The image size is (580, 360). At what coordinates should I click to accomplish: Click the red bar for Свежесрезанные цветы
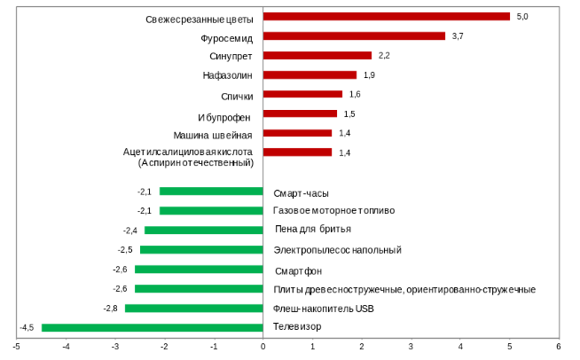point(386,17)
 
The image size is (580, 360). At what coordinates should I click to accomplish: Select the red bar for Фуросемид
point(354,36)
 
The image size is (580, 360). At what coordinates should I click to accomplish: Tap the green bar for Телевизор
point(152,327)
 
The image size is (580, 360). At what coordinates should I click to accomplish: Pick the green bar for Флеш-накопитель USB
point(193,308)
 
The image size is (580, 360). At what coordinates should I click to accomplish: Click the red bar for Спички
point(302,94)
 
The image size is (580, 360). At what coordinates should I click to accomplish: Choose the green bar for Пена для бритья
point(203,231)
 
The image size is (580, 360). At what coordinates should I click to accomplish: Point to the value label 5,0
point(522,17)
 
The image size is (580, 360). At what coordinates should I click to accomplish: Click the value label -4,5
point(27,327)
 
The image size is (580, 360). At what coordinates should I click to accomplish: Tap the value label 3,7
point(459,36)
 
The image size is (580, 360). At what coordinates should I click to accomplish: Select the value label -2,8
point(111,308)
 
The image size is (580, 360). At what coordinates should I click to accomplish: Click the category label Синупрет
point(232,56)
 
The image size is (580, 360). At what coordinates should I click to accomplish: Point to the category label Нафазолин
point(229,75)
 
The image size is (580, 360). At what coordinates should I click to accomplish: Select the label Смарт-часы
point(302,192)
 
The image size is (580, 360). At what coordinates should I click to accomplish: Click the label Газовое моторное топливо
point(334,211)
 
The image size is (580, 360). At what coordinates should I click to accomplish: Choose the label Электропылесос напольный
point(338,250)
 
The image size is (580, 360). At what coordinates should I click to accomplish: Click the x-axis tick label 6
point(558,346)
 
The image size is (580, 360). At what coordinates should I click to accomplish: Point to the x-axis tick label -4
point(66,346)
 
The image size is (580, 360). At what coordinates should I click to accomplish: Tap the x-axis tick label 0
point(263,346)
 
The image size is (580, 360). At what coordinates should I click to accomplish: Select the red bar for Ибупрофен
point(300,113)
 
